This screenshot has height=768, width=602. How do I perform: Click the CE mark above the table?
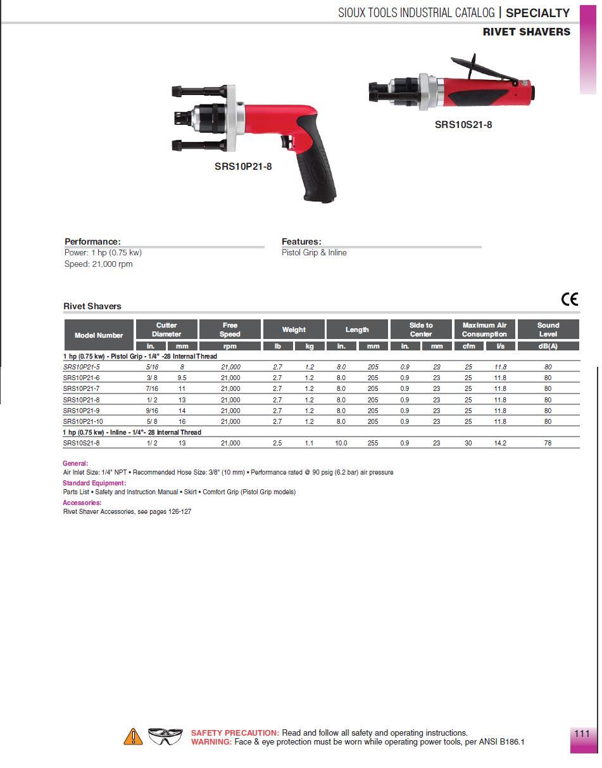570,298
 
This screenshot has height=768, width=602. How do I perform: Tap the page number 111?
582,734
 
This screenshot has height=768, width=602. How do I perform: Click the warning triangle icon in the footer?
133,736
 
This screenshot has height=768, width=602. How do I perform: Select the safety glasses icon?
165,736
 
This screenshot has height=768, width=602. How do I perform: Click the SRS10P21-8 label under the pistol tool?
243,167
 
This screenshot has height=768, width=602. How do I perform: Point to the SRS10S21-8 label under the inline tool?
463,124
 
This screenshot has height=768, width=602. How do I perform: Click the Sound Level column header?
548,330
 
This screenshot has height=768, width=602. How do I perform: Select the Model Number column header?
99,335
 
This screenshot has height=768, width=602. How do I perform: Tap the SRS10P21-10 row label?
83,421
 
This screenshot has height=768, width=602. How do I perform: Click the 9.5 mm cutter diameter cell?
182,378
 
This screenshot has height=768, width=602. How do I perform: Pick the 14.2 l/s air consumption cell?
500,444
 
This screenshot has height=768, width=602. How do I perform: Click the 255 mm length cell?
373,444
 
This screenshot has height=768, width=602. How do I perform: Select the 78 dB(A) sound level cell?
548,444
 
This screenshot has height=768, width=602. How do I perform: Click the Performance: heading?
92,241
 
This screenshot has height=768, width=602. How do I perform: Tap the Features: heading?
301,241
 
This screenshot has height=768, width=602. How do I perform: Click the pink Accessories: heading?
82,502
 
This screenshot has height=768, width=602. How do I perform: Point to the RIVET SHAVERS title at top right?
526,32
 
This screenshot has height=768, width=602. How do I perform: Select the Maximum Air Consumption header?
484,330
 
